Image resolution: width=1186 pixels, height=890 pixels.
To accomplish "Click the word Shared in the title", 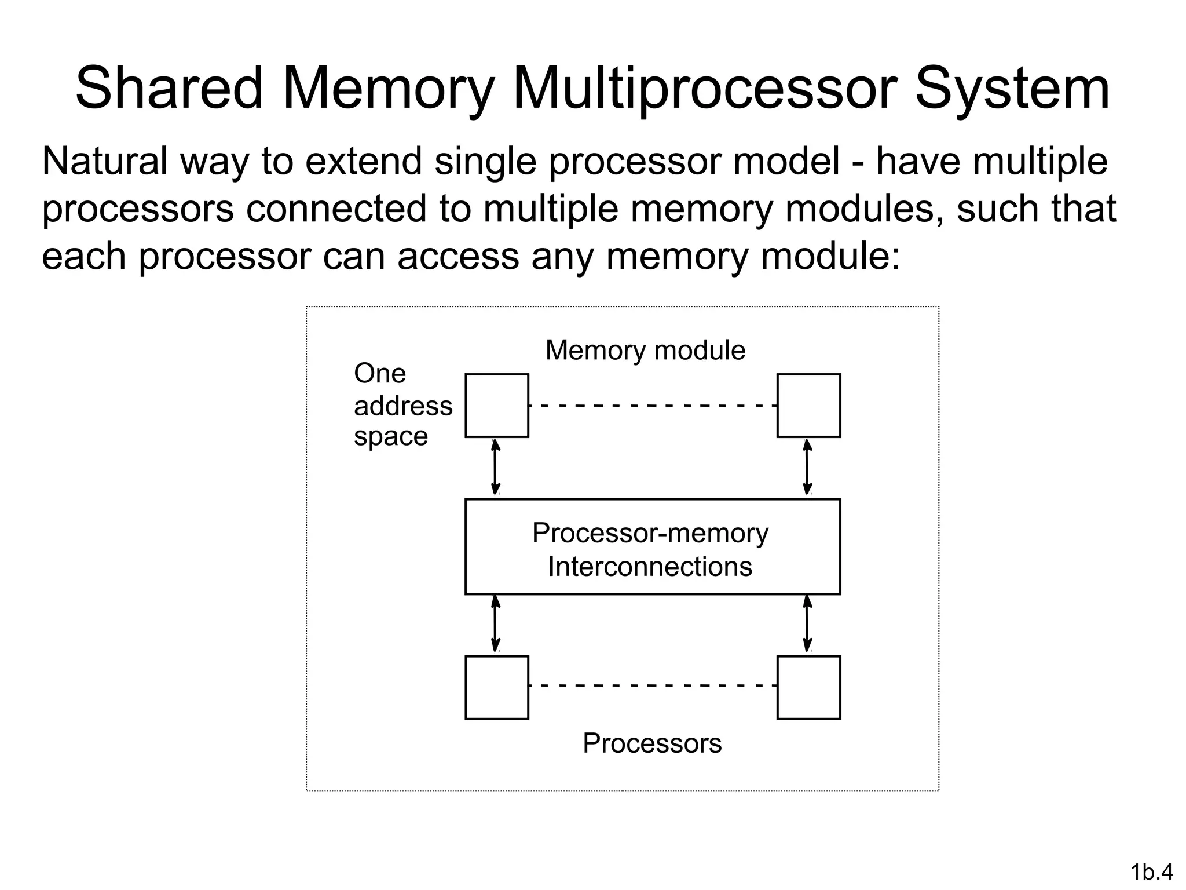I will (x=169, y=89).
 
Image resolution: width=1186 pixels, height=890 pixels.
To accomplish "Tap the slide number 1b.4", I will (x=1151, y=871).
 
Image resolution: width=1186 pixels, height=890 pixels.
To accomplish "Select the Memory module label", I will (x=645, y=350).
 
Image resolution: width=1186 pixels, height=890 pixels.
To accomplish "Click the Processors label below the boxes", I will (x=652, y=743).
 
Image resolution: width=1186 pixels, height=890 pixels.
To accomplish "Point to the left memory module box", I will (x=497, y=406).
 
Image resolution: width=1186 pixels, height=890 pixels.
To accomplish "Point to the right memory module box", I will (x=808, y=406).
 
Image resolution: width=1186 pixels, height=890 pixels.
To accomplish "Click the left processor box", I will (x=497, y=688).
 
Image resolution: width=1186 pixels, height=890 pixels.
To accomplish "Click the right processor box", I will (x=808, y=688).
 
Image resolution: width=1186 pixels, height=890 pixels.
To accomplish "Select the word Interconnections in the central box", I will (x=650, y=567).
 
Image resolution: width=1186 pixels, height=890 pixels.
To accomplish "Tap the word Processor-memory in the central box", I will (x=650, y=533).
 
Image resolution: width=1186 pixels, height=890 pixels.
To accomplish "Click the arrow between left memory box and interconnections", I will (x=495, y=468).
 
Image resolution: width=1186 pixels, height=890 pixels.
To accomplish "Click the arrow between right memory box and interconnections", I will (x=807, y=468).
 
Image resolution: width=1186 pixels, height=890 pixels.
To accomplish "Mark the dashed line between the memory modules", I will (x=652, y=406).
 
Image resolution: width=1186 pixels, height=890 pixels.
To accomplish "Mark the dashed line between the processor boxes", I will (x=652, y=685).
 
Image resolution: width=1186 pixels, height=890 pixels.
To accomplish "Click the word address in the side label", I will (x=403, y=406).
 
